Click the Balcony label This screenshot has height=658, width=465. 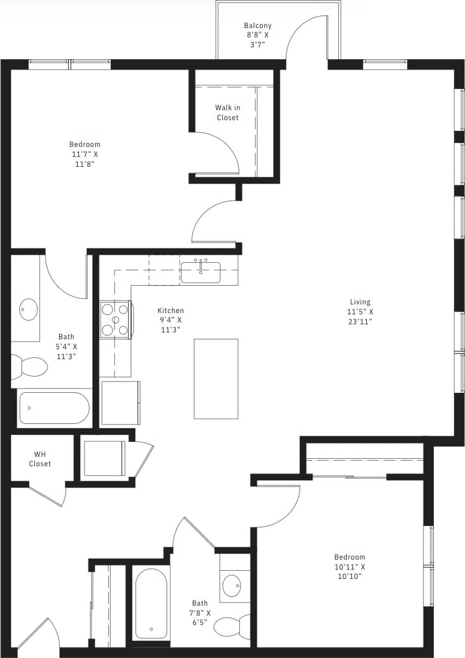pyautogui.click(x=257, y=26)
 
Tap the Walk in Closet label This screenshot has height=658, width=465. pyautogui.click(x=228, y=113)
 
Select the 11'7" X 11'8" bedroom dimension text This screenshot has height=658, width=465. pyautogui.click(x=85, y=159)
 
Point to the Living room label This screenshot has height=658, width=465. pyautogui.click(x=361, y=301)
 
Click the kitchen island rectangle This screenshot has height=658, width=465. pyautogui.click(x=216, y=378)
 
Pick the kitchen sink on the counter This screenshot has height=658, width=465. pyautogui.click(x=200, y=272)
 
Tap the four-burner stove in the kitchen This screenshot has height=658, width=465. pyautogui.click(x=115, y=319)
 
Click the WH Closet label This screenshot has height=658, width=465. pyautogui.click(x=40, y=459)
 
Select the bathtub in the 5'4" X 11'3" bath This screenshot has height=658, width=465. pyautogui.click(x=54, y=408)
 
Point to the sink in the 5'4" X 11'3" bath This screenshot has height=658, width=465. pyautogui.click(x=29, y=309)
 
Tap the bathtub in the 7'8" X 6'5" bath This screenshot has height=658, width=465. pyautogui.click(x=151, y=603)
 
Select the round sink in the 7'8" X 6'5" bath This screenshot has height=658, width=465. pyautogui.click(x=233, y=586)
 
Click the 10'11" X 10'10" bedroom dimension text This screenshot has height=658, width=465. pyautogui.click(x=349, y=571)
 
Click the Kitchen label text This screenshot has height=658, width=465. pyautogui.click(x=170, y=311)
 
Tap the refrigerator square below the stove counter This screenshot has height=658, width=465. pyautogui.click(x=120, y=403)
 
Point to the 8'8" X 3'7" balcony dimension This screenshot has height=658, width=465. pyautogui.click(x=257, y=40)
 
